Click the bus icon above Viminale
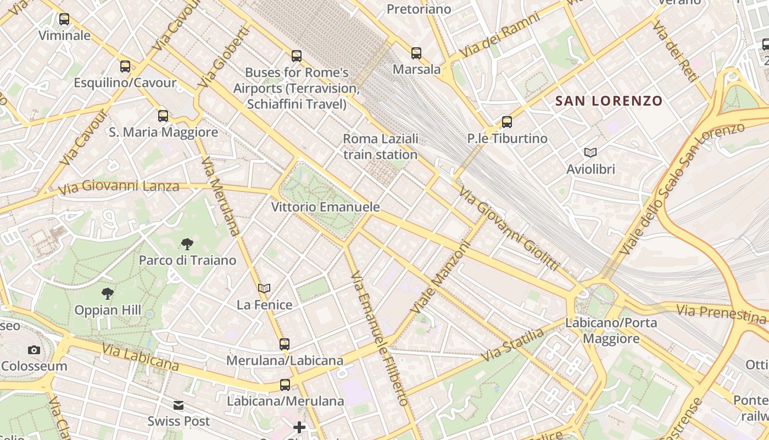point(64,19)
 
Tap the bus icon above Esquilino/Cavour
point(125,67)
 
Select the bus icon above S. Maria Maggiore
point(163,116)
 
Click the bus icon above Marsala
point(416,53)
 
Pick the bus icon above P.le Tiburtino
point(507,122)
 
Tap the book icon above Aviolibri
point(590,152)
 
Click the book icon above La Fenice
point(264,288)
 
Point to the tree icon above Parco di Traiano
point(187,244)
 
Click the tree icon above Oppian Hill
point(108,294)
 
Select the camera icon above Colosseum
point(34,350)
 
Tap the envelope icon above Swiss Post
point(179,405)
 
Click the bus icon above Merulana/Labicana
point(285,344)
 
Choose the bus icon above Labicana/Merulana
point(285,385)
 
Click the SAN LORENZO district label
point(609,101)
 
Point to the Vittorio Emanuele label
point(326,207)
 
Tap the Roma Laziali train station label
point(381,146)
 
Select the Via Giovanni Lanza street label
point(118,186)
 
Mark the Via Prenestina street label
point(721,314)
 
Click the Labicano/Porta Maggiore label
point(611,330)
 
